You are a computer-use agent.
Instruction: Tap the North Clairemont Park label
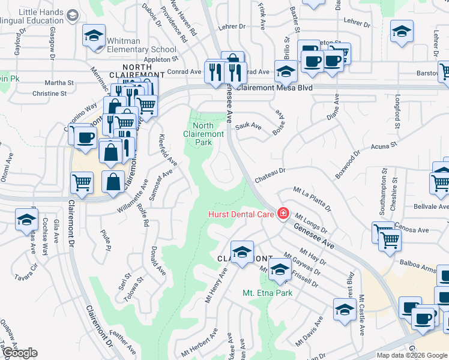(x=203, y=134)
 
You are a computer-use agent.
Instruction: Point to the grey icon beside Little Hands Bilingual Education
(x=72, y=15)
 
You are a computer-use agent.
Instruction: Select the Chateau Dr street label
(x=268, y=171)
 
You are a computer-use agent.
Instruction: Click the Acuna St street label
(x=384, y=146)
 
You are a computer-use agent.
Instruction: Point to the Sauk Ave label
(x=249, y=127)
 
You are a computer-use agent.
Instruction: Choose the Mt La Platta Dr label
(x=312, y=199)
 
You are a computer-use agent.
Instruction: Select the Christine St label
(x=49, y=94)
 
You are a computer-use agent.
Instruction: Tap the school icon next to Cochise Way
(x=26, y=220)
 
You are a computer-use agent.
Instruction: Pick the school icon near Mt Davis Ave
(x=345, y=309)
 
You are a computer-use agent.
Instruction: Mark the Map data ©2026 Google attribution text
(x=412, y=355)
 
